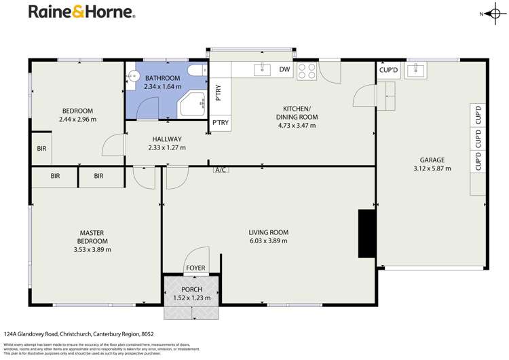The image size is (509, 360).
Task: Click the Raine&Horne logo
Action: (x=81, y=12)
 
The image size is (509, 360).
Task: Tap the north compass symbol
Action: (x=491, y=14)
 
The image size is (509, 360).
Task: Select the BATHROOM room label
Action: (x=163, y=79)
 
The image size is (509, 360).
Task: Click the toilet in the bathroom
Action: (x=196, y=70)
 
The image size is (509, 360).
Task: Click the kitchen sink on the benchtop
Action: (x=262, y=69)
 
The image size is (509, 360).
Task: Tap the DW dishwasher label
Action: (x=284, y=69)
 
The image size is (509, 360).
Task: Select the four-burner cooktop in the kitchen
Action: (x=306, y=69)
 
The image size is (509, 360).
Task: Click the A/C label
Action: (x=220, y=170)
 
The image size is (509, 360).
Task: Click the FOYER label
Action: (x=195, y=268)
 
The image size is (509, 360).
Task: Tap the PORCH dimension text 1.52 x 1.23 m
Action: (x=191, y=298)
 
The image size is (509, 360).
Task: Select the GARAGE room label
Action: (x=432, y=160)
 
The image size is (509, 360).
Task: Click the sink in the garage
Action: (x=415, y=70)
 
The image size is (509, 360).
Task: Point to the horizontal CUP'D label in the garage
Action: (x=388, y=70)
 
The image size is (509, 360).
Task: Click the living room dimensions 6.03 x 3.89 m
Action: (x=268, y=240)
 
